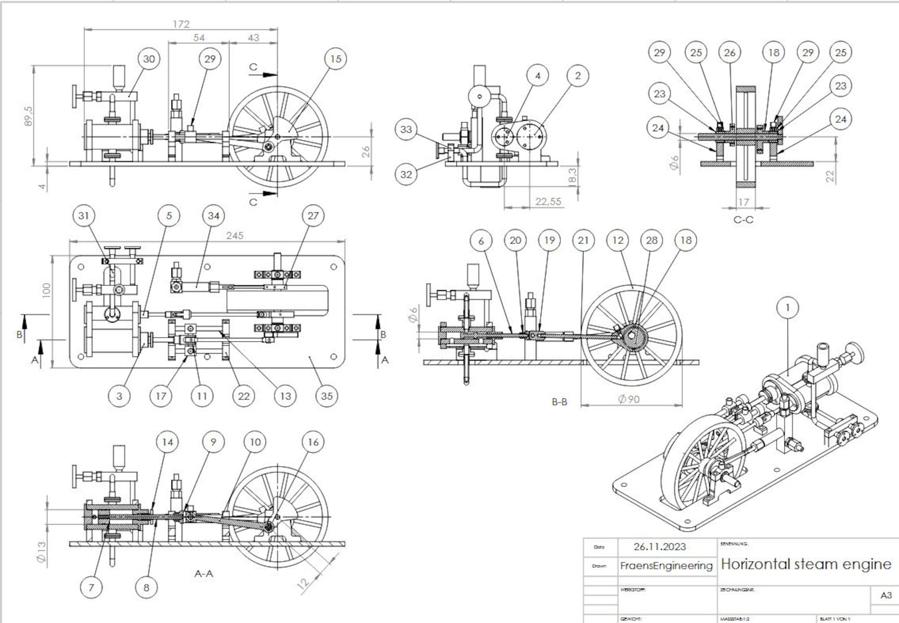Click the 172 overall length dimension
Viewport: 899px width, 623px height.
pyautogui.click(x=181, y=24)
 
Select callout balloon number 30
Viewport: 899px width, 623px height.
pyautogui.click(x=149, y=59)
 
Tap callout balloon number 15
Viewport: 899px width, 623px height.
pyautogui.click(x=336, y=59)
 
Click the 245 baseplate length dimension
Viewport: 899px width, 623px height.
pyautogui.click(x=234, y=235)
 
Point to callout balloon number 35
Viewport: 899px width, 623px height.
pyautogui.click(x=327, y=396)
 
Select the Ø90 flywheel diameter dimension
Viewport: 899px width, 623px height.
pyautogui.click(x=628, y=399)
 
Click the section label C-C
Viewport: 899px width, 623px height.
pyautogui.click(x=743, y=220)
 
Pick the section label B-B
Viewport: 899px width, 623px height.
pyautogui.click(x=559, y=402)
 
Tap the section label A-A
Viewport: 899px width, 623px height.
pyautogui.click(x=204, y=573)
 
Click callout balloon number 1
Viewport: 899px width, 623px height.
pyautogui.click(x=787, y=308)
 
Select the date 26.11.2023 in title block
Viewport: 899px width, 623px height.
pyautogui.click(x=660, y=547)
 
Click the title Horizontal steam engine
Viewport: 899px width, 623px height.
pyautogui.click(x=806, y=564)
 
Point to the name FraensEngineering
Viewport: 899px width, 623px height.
pyautogui.click(x=666, y=565)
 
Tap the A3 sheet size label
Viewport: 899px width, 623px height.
pyautogui.click(x=886, y=595)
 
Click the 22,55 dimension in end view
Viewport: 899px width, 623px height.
pyautogui.click(x=548, y=201)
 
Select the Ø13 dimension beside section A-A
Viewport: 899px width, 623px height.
pyautogui.click(x=41, y=552)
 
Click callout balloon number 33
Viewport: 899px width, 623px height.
pyautogui.click(x=406, y=130)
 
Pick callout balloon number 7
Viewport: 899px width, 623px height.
pyautogui.click(x=91, y=587)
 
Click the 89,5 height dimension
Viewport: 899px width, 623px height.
pyautogui.click(x=28, y=116)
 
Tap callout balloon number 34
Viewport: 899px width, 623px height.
pyautogui.click(x=213, y=216)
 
